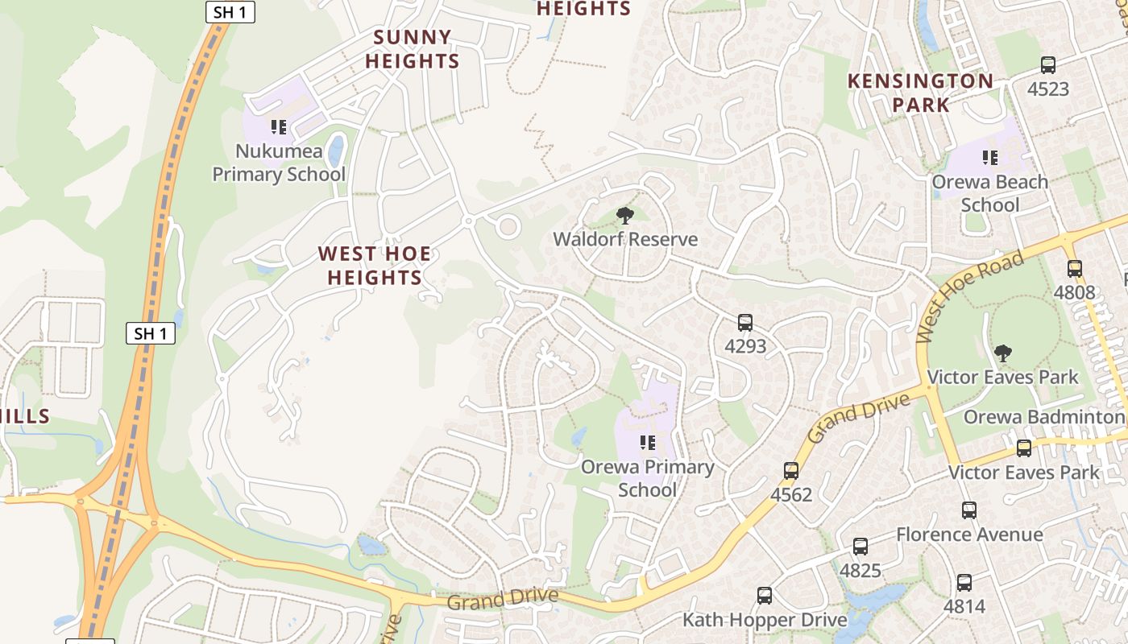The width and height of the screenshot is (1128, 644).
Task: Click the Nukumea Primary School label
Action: tap(279, 163)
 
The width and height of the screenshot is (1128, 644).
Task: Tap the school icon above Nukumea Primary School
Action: tap(279, 127)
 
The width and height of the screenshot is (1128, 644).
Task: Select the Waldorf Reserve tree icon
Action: tap(624, 215)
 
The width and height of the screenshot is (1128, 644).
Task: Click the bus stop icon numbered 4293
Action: tap(745, 323)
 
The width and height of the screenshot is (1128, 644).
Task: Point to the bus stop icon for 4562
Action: tap(791, 471)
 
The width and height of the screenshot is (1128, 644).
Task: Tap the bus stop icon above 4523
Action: tap(1048, 65)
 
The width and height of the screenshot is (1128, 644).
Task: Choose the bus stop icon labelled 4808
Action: tap(1075, 269)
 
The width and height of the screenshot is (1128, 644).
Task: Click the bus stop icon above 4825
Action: tap(861, 547)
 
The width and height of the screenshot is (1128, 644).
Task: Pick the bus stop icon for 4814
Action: tap(964, 583)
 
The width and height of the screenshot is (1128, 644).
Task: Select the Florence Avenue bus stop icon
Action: tap(969, 510)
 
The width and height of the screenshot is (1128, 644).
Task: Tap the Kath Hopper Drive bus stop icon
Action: tap(765, 596)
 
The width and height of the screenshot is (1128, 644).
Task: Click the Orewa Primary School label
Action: tap(648, 478)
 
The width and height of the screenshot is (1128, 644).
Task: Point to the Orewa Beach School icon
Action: tap(990, 158)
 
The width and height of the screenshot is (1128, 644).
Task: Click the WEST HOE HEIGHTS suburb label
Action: tap(374, 266)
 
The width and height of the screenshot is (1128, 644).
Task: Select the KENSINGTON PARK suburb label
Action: tap(921, 93)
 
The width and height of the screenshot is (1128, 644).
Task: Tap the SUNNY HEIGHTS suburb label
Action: tap(413, 49)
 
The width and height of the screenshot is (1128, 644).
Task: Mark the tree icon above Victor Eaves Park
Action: tap(1003, 353)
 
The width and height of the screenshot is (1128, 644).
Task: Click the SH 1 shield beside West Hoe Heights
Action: tap(151, 333)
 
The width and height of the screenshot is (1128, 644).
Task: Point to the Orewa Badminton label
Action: tap(1043, 417)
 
